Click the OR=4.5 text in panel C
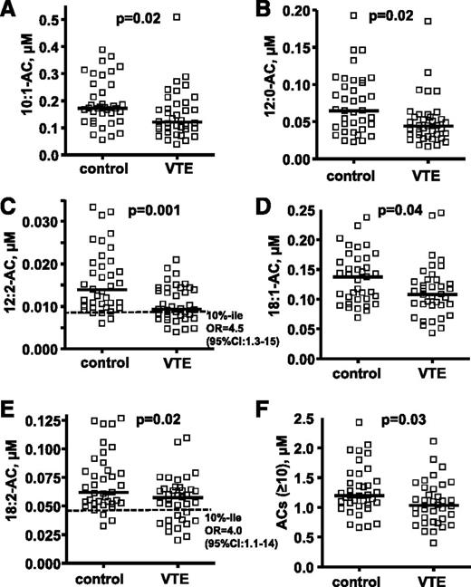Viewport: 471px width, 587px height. coord(206,331)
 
